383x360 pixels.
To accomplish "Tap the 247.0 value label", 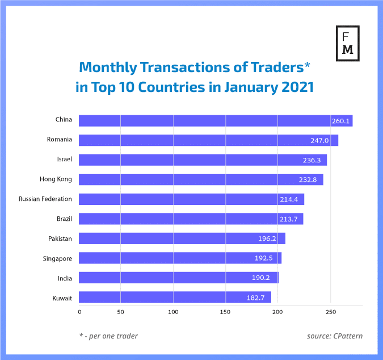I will (x=326, y=140).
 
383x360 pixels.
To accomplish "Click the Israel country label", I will (x=64, y=160).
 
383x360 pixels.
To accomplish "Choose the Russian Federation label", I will (x=45, y=199).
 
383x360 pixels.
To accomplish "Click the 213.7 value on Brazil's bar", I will (x=291, y=219).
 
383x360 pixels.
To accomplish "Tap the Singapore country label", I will (x=57, y=258).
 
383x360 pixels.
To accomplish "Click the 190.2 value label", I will (x=267, y=278).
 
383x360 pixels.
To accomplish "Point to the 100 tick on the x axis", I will (x=173, y=312).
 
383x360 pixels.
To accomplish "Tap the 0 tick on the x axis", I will (x=79, y=312).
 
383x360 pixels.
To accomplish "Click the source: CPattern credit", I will (x=335, y=336).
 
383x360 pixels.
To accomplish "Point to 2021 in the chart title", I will (x=293, y=88).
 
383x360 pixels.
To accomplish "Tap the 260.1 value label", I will (x=341, y=121).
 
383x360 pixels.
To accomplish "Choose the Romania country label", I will (x=60, y=140).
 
